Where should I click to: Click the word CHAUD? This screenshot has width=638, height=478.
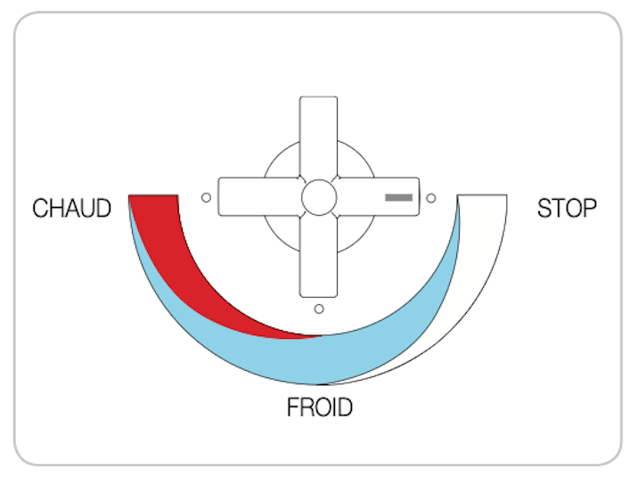(71, 208)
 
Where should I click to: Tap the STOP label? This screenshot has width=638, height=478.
(567, 208)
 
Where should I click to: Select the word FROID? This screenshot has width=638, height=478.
(320, 407)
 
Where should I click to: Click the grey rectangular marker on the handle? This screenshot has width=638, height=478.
(399, 197)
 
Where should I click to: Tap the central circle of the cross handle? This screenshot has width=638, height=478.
(319, 197)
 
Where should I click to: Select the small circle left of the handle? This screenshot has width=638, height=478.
(207, 197)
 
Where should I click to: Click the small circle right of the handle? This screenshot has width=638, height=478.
(431, 198)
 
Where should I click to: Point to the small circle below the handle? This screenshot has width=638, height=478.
(319, 309)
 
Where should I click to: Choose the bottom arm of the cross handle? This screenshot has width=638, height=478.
(319, 257)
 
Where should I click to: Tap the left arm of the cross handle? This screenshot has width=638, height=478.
(260, 197)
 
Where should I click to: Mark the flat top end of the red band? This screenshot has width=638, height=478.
(153, 195)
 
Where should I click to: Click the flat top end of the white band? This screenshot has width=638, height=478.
(482, 195)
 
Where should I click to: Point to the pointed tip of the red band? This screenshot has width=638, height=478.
(322, 336)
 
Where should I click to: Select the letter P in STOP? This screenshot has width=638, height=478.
(589, 208)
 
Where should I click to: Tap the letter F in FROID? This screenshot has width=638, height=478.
(293, 407)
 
